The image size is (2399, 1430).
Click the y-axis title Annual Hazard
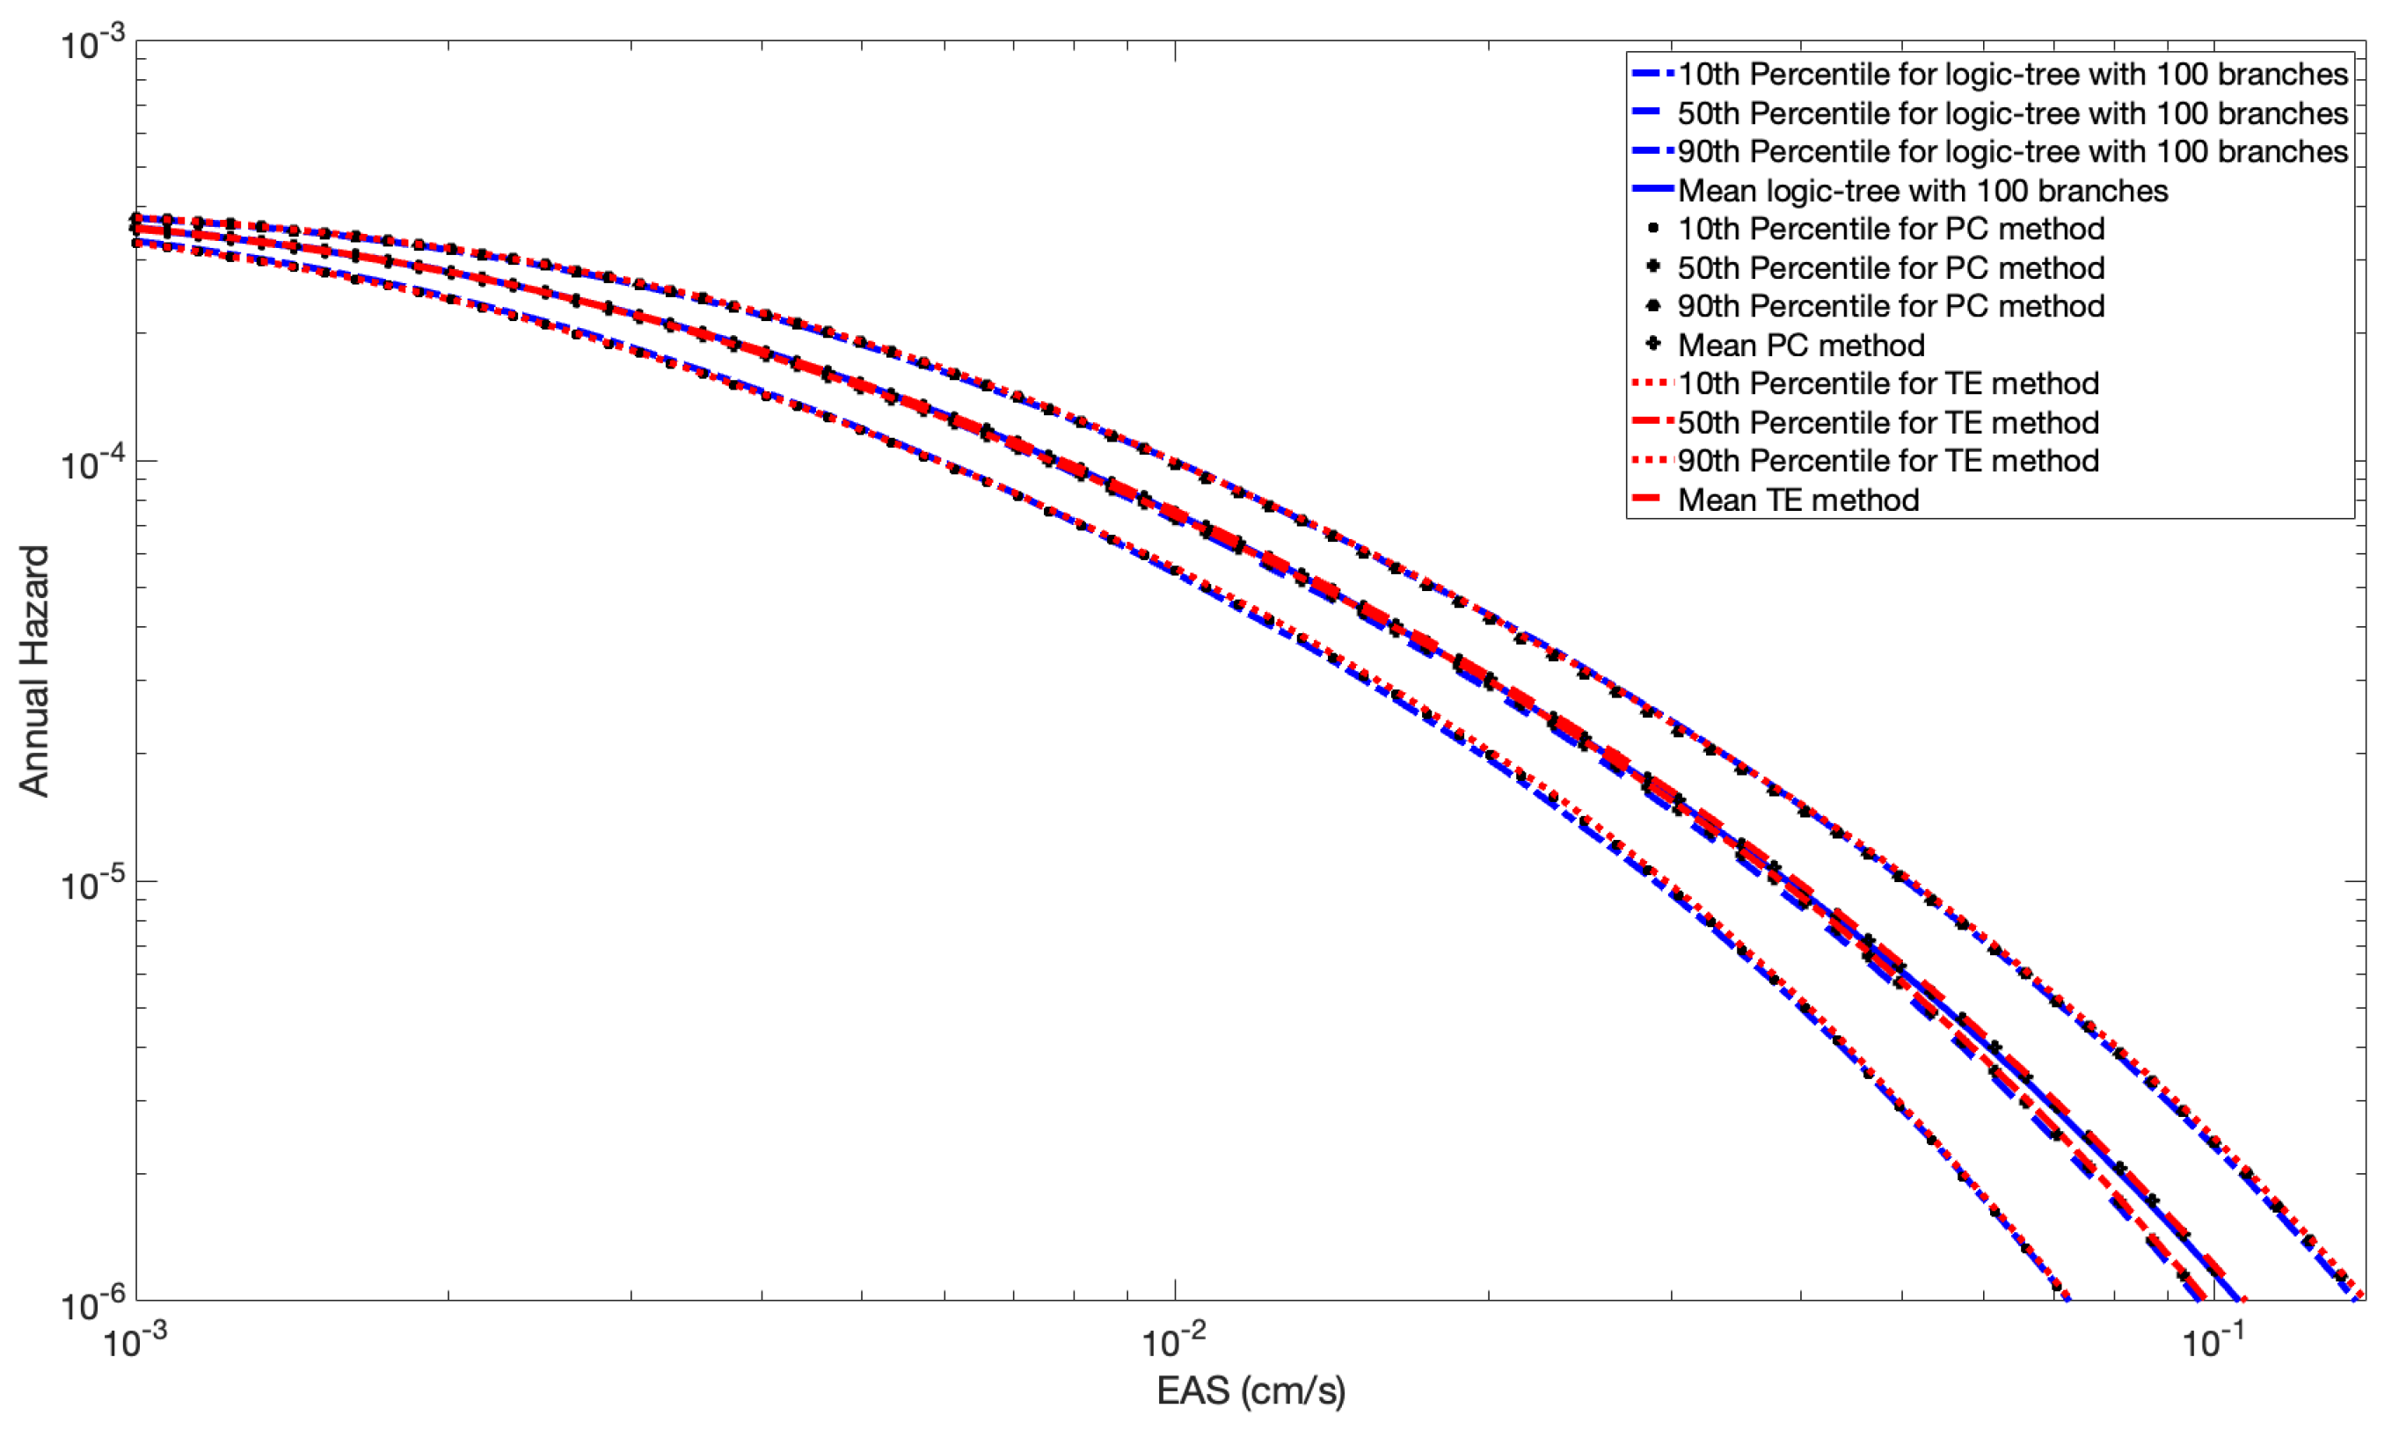click(x=33, y=671)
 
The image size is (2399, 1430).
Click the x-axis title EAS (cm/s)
click(x=1251, y=1390)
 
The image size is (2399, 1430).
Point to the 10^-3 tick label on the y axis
click(x=92, y=43)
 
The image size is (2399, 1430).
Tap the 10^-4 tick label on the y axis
click(x=92, y=463)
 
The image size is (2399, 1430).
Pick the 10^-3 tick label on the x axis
click(x=135, y=1339)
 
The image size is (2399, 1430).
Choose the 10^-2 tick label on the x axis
click(x=1173, y=1339)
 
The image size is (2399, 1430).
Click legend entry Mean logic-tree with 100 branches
click(x=1922, y=191)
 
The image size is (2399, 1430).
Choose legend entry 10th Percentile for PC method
click(x=1891, y=229)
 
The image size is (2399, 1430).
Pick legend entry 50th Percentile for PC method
click(x=1891, y=267)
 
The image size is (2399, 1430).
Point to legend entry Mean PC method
click(x=1801, y=345)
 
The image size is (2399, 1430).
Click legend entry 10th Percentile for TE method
click(x=1887, y=383)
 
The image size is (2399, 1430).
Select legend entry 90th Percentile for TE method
click(x=1887, y=461)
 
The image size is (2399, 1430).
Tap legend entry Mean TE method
click(x=1797, y=500)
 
